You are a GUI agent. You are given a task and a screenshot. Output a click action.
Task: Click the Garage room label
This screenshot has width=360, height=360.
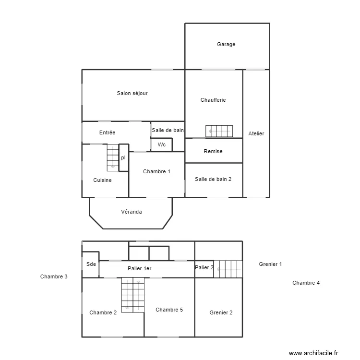(x=226, y=45)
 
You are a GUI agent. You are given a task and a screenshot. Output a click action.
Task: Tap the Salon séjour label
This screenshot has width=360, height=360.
(x=132, y=93)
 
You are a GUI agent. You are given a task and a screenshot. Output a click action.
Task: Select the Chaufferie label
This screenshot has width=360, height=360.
(x=213, y=100)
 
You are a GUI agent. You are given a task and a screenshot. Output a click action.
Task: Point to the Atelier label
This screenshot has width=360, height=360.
(x=256, y=133)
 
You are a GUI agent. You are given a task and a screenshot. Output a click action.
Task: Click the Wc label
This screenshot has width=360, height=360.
(x=162, y=144)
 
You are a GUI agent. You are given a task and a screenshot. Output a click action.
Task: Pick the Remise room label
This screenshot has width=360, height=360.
(x=213, y=151)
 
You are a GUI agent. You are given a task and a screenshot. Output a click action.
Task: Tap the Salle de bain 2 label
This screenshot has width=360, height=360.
(x=213, y=179)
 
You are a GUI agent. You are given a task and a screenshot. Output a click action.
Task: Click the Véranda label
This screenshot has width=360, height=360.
(x=131, y=212)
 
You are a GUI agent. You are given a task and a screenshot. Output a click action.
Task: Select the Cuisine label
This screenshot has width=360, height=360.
(x=102, y=180)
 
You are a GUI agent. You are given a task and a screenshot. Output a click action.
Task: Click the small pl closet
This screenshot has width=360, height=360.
(x=123, y=157)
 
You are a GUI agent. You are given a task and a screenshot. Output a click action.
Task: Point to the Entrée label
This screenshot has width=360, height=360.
(x=107, y=132)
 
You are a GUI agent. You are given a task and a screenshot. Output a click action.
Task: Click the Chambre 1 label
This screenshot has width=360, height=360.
(x=156, y=171)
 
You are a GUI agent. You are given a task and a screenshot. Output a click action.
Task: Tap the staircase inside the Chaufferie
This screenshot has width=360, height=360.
(x=219, y=131)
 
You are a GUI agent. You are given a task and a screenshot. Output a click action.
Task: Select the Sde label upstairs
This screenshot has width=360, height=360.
(x=91, y=264)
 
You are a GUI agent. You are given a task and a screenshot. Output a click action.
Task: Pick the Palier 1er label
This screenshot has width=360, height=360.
(x=139, y=268)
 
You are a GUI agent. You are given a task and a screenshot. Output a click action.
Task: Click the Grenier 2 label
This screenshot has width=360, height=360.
(x=221, y=312)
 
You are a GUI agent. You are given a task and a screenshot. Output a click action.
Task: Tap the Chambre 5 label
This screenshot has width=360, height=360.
(x=169, y=310)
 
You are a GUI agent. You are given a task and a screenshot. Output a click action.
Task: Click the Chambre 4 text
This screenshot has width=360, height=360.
(x=306, y=283)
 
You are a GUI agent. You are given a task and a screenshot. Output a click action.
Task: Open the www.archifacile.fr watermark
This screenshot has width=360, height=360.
(x=314, y=353)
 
